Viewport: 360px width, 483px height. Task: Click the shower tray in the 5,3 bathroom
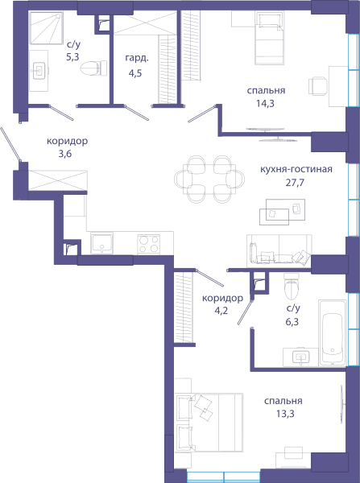[46, 27]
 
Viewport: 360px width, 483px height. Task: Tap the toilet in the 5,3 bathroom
[93, 68]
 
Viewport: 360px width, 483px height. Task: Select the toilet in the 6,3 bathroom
[292, 286]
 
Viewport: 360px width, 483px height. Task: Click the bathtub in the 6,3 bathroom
[333, 332]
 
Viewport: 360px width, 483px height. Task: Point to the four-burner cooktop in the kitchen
[148, 244]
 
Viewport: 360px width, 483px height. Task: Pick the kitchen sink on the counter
[101, 243]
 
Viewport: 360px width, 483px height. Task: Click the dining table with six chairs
[209, 179]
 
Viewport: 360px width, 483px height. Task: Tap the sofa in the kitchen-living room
[279, 250]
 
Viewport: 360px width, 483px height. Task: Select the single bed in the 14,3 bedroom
[269, 38]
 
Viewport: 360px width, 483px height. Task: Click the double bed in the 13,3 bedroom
[209, 423]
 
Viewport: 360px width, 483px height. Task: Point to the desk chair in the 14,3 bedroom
[318, 86]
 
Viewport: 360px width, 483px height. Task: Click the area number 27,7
[295, 183]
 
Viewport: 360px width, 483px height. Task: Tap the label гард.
[137, 59]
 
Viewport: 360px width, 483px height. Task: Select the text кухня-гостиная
[296, 169]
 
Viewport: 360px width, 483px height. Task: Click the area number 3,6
[65, 154]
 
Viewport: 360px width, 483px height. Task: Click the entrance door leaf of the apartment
[10, 144]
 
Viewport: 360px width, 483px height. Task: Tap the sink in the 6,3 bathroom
[301, 357]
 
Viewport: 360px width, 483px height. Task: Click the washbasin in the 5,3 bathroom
[39, 71]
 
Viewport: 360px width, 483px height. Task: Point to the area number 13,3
[285, 414]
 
